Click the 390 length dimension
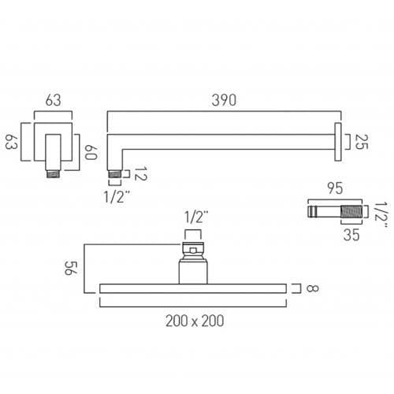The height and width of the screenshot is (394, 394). [x=225, y=101]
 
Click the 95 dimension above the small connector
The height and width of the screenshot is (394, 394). [x=335, y=189]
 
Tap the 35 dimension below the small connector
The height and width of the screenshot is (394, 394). [x=351, y=234]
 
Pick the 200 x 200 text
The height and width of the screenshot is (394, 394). [x=195, y=321]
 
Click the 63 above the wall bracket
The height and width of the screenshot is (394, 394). [x=54, y=101]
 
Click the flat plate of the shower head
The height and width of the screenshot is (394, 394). [x=194, y=288]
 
